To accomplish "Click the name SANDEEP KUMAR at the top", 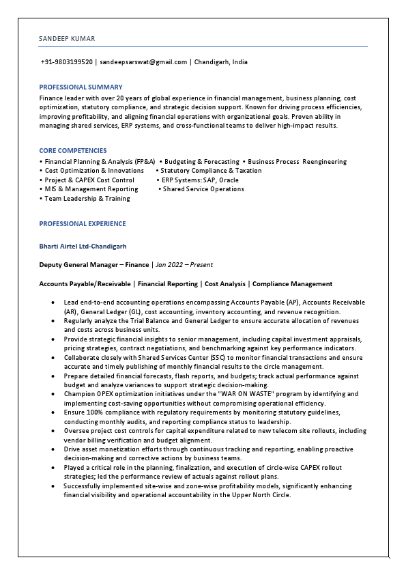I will tap(67, 39).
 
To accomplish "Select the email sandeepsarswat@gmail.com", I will tap(143, 62).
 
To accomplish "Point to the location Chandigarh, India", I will tap(221, 62).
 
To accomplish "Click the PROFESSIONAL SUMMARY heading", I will tap(81, 87).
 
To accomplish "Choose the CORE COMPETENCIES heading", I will tap(73, 150).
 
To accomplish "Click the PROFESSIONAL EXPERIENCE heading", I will tap(83, 224).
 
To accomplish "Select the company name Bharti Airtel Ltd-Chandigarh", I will tap(83, 246).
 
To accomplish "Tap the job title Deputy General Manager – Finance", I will tap(94, 264).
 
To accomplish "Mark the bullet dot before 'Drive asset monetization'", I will tap(53, 449).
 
